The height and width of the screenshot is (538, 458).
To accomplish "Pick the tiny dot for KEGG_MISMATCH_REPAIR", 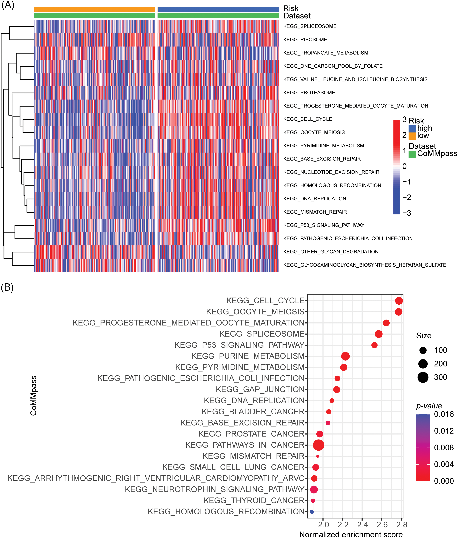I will pos(318,456).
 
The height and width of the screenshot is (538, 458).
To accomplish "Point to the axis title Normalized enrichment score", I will pos(351,534).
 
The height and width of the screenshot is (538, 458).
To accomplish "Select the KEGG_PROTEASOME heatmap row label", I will pos(309,93).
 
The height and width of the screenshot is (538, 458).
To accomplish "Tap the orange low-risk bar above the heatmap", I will pos(94,9).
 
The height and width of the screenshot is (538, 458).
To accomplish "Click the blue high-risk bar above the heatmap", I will pos(218,9).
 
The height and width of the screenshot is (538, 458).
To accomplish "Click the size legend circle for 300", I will pos(423,377).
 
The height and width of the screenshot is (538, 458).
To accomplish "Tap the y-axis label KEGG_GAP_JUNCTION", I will pos(260,389).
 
